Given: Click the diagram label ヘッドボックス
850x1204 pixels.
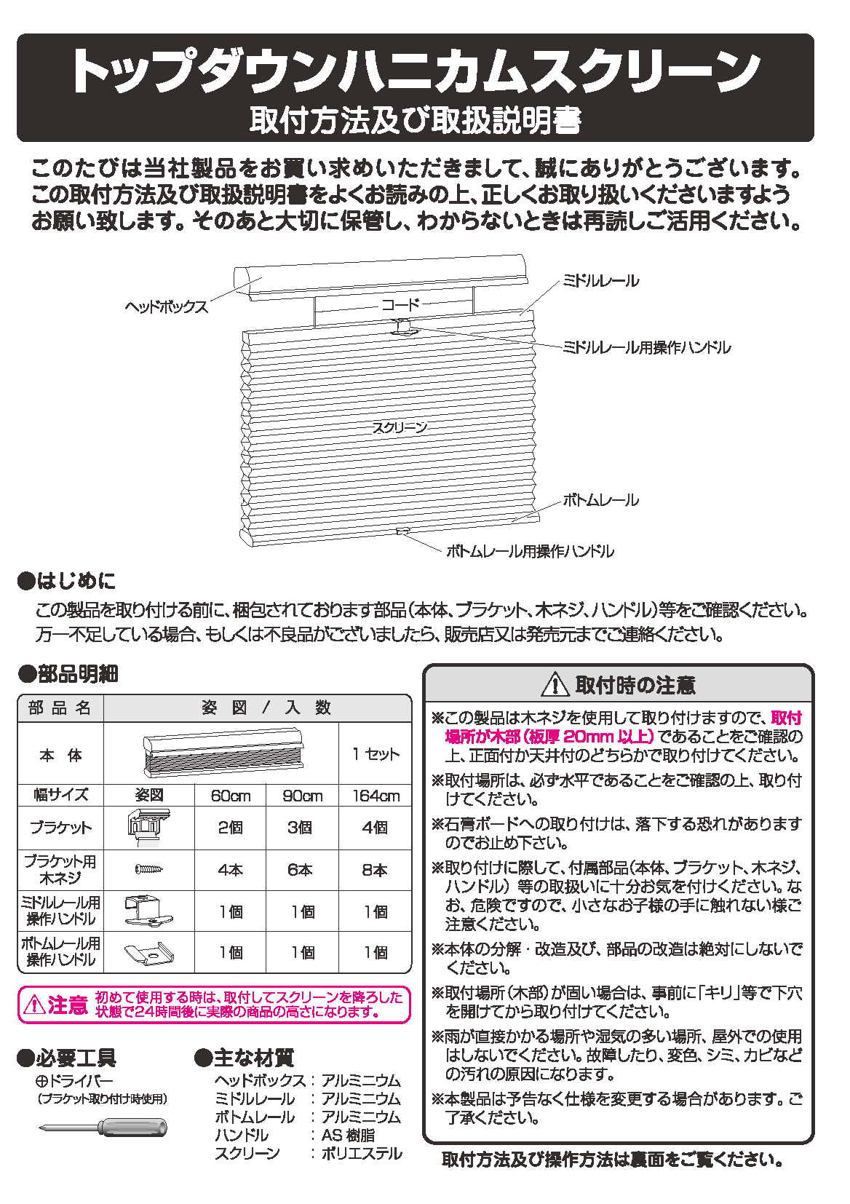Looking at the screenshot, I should [x=166, y=307].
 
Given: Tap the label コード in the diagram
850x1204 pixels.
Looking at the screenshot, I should [x=400, y=304].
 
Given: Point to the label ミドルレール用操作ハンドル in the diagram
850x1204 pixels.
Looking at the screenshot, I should [x=646, y=348].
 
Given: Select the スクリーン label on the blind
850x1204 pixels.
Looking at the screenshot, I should [x=400, y=428].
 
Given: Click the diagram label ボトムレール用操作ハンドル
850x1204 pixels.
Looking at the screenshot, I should [x=530, y=552].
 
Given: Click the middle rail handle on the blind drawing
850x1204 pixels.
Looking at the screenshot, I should [x=402, y=328].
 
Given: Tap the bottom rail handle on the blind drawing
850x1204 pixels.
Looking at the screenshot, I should [x=402, y=531].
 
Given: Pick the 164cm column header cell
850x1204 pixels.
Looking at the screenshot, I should [x=376, y=796].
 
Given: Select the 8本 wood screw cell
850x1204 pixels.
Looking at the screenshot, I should [x=376, y=870].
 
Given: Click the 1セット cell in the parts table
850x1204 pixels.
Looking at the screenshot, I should [x=376, y=754].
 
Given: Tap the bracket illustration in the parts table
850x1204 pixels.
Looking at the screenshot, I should [x=149, y=827].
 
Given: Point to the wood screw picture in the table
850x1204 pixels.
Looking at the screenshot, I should [x=149, y=869].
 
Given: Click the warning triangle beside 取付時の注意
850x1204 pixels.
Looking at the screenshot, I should [x=555, y=685].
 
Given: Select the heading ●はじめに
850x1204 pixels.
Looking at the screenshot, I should [x=67, y=581].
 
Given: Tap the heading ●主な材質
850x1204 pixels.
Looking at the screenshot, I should [x=245, y=1058].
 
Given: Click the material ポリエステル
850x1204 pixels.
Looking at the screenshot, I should [x=362, y=1154].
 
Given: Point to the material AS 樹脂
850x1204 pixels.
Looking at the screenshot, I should [x=349, y=1136].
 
